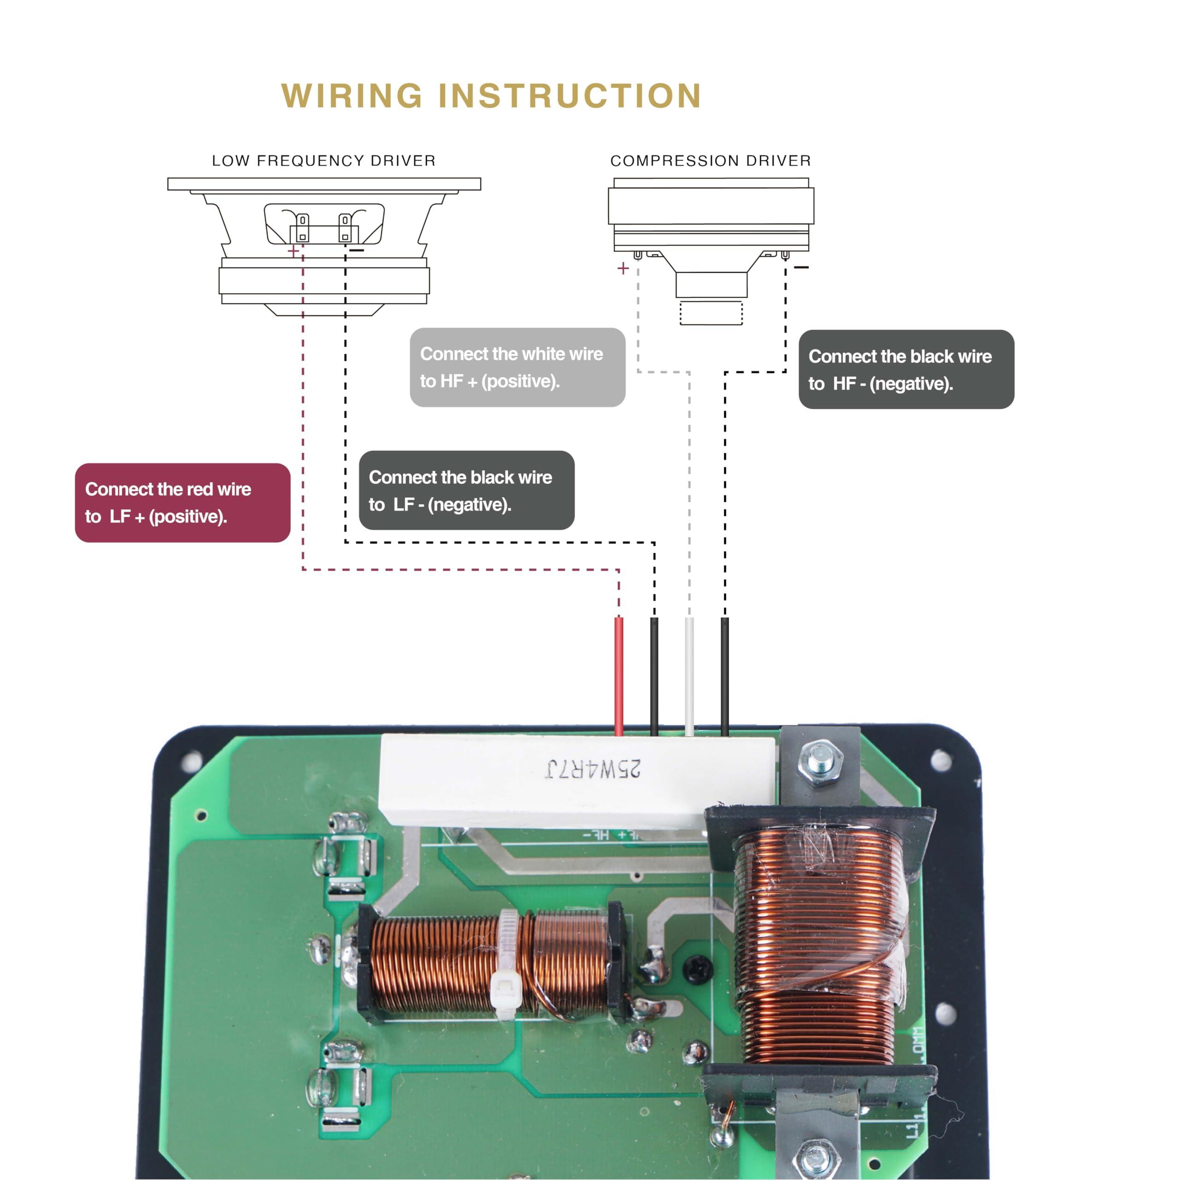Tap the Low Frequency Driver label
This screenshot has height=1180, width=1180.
tap(324, 160)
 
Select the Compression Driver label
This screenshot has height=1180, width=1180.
tap(710, 160)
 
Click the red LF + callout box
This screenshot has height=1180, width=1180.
tap(183, 503)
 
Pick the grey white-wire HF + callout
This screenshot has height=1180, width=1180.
tap(517, 367)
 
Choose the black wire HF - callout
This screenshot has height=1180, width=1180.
tap(906, 370)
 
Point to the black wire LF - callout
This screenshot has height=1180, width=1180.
tap(466, 490)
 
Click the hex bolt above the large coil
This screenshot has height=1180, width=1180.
tap(821, 763)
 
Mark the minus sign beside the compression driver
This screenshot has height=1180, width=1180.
tap(801, 267)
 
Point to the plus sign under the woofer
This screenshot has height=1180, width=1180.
tap(293, 250)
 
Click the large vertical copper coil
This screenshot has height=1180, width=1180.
tap(819, 941)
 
